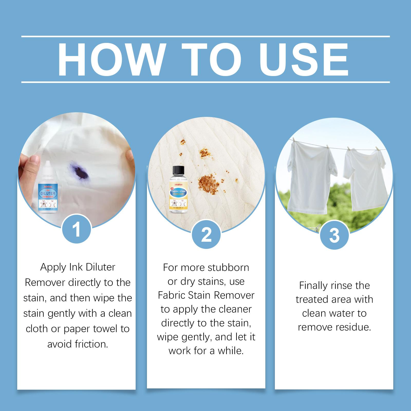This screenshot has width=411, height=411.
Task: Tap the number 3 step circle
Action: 334,235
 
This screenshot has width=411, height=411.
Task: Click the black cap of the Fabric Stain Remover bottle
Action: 179,170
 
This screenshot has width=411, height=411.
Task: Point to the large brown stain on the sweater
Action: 209,181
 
